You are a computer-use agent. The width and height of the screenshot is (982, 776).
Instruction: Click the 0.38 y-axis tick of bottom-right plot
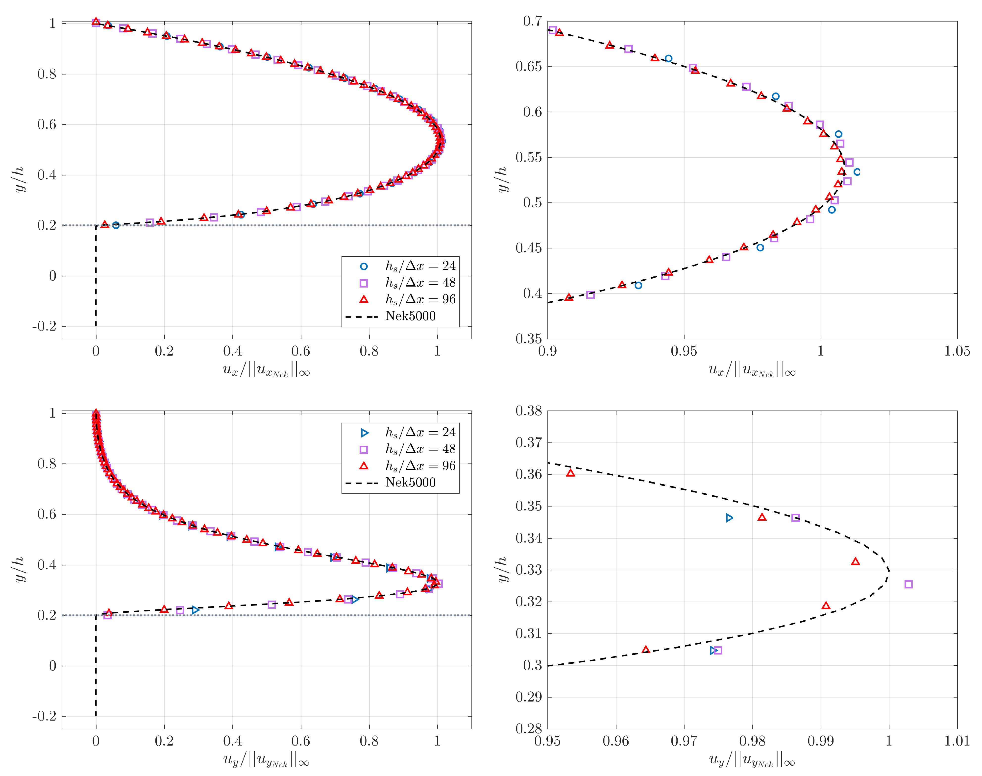pos(528,411)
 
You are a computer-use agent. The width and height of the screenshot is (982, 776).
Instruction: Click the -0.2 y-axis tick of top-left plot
pos(45,326)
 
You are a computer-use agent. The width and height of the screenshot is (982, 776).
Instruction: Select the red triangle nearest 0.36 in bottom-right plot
pos(570,473)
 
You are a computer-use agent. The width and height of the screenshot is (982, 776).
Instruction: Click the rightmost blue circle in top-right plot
pos(857,172)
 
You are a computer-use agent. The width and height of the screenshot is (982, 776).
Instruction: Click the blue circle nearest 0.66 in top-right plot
pos(668,59)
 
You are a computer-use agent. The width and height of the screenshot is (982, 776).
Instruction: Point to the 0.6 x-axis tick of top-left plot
pos(301,351)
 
